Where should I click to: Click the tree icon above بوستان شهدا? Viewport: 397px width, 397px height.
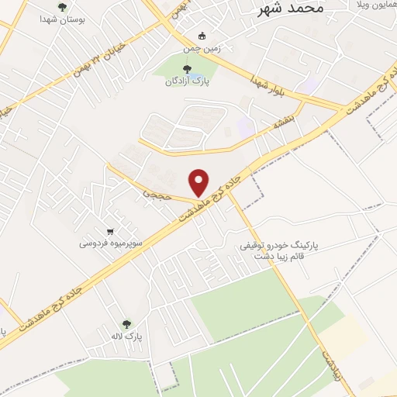point(62,6)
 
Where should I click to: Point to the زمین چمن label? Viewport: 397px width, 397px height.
point(203,47)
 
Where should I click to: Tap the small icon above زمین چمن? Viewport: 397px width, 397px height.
point(203,35)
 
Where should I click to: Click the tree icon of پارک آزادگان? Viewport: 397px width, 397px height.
point(186,69)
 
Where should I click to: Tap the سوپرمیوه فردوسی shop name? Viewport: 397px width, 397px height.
point(110,243)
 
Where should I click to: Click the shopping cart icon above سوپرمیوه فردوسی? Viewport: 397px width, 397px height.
point(111,231)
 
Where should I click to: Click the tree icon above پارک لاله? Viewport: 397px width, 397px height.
point(127,324)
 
